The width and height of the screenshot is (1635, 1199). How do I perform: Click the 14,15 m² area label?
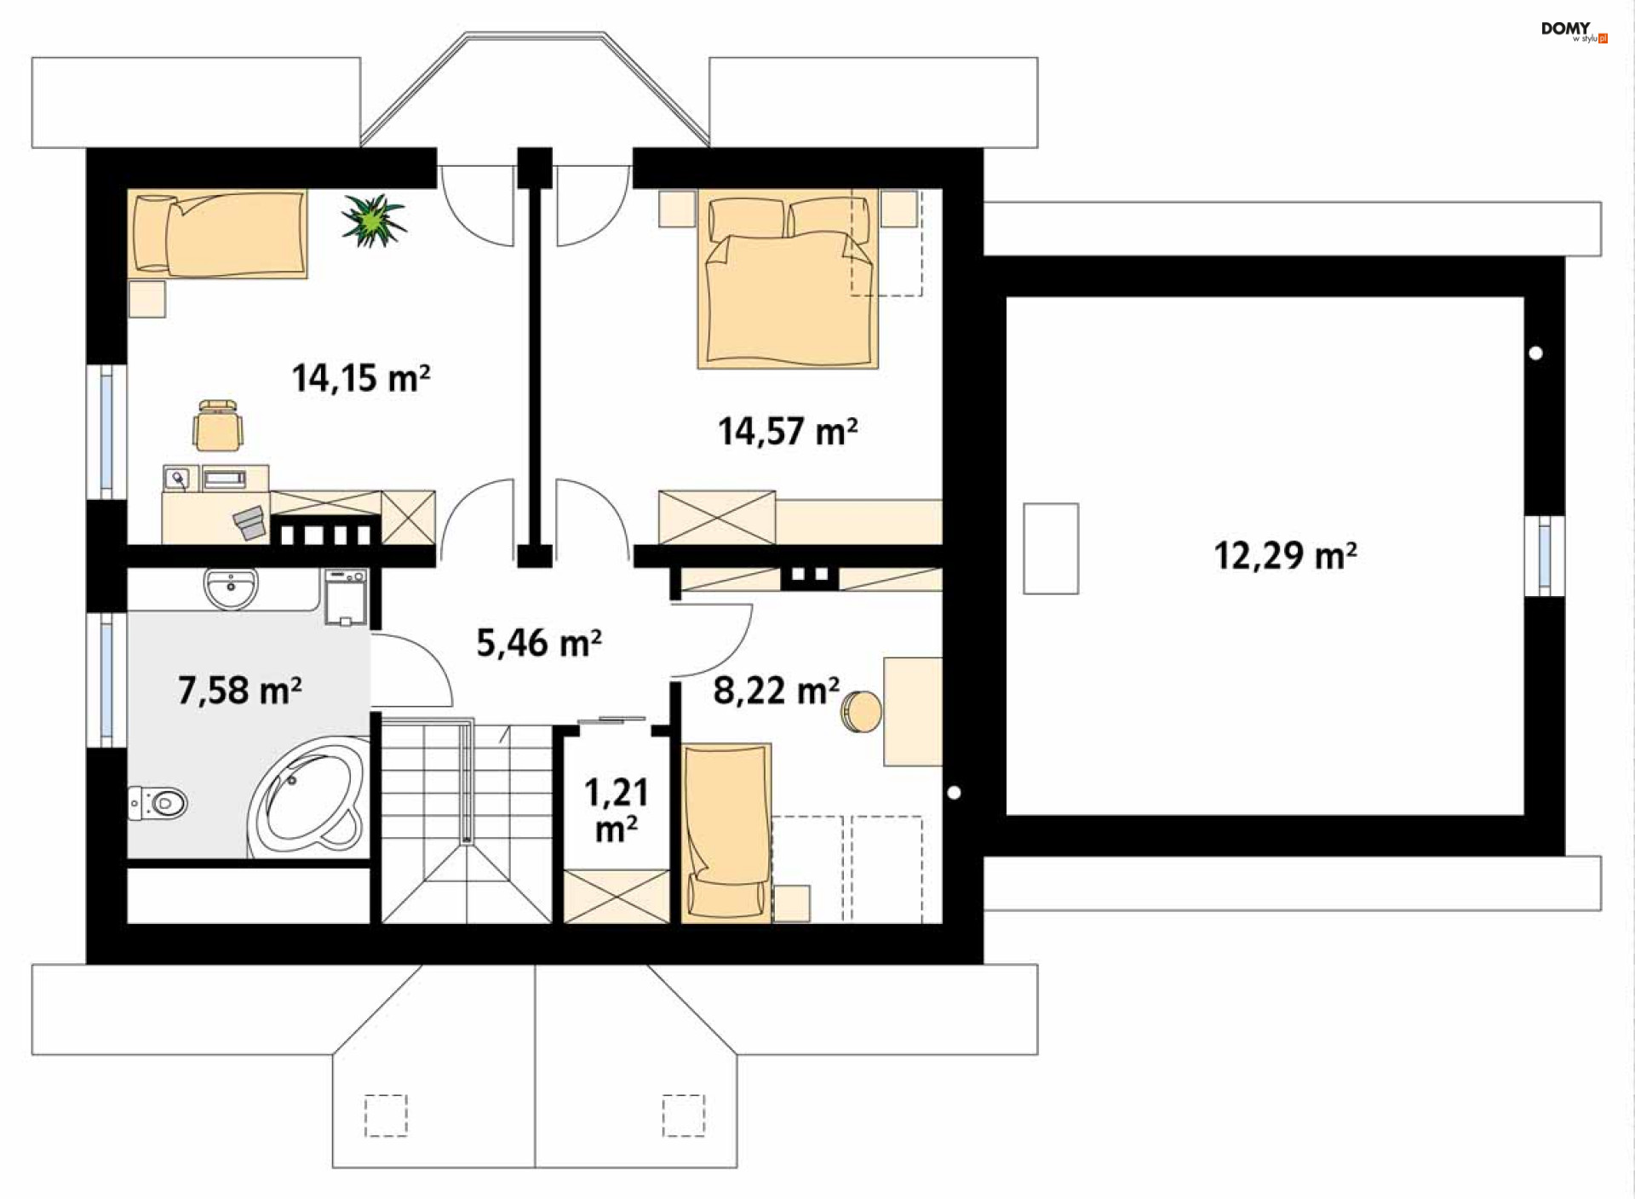coord(361,378)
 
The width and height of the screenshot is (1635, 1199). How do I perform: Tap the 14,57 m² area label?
coord(788,431)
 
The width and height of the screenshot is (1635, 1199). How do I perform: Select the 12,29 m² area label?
coord(1285,555)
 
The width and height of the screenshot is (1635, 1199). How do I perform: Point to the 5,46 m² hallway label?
coord(539,643)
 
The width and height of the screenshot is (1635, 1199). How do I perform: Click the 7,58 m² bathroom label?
coord(240,690)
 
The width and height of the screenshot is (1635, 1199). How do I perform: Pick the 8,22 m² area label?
coord(777,691)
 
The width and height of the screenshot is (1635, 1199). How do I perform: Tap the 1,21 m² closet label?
coord(617,810)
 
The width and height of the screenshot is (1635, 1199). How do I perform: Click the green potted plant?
coord(373,220)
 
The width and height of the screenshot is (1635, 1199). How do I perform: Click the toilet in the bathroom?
coord(158,802)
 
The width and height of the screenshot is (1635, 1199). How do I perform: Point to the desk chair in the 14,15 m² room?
coord(218,425)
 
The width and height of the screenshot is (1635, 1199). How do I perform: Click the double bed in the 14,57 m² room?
coord(789,280)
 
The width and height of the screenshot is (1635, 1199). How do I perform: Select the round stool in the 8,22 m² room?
coord(861,712)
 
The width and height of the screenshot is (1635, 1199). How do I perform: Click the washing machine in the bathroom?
coord(346,598)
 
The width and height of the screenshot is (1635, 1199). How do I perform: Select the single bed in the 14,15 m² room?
coord(218,233)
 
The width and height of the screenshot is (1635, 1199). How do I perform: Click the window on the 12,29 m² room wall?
coord(1545,555)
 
